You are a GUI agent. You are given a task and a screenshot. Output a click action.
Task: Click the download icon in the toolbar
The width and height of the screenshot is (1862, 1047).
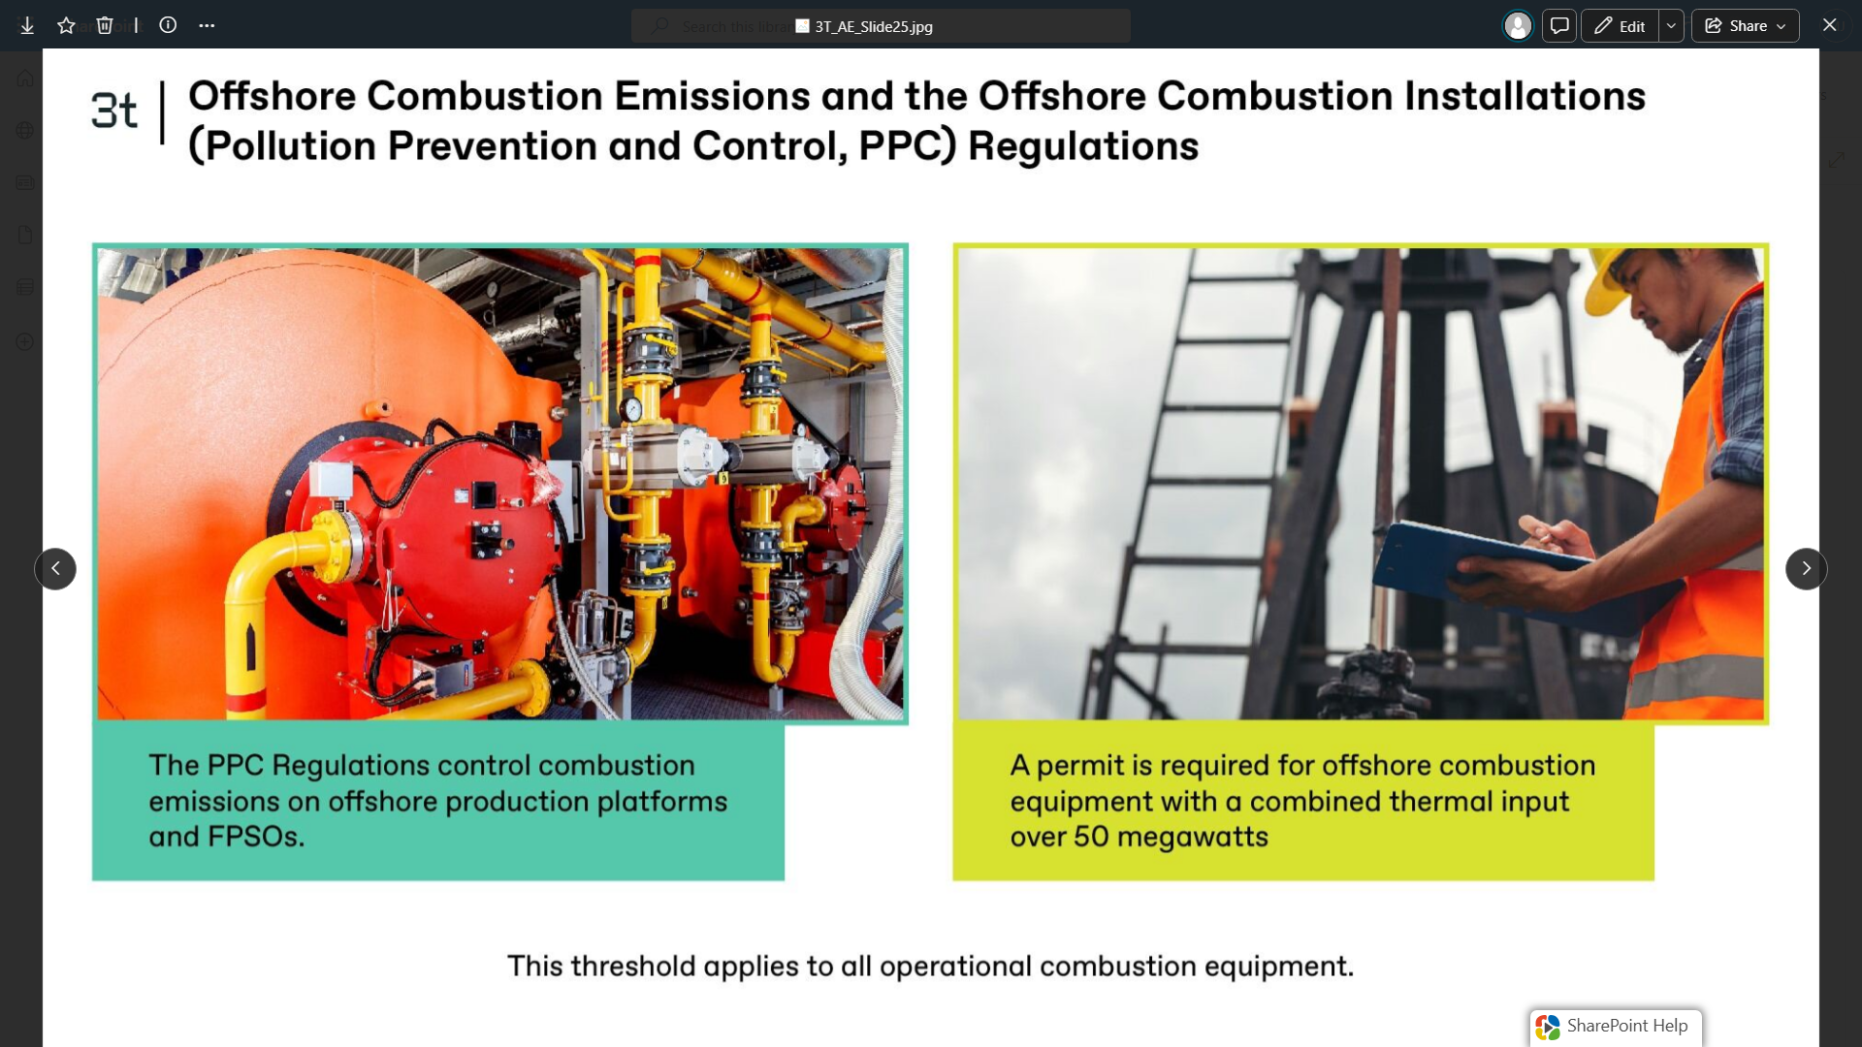point(27,26)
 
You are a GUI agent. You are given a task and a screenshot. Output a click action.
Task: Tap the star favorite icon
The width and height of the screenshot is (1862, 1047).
point(66,26)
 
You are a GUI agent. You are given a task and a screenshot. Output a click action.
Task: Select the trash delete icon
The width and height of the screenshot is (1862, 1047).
point(105,26)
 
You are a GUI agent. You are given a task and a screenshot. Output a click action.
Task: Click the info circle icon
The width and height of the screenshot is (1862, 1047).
point(168,25)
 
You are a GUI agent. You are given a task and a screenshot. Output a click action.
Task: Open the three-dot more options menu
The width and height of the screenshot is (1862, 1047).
point(207,26)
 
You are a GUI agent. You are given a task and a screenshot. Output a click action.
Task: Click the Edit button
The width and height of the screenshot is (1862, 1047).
point(1620,26)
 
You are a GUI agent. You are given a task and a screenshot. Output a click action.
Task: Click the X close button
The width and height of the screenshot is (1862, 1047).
point(1830,25)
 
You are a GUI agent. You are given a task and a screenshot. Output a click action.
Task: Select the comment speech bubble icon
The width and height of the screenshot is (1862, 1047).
point(1559,26)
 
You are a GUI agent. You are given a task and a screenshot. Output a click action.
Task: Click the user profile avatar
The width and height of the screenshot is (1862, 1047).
point(1518,26)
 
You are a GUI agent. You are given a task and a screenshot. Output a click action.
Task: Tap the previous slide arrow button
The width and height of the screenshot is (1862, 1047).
point(55,569)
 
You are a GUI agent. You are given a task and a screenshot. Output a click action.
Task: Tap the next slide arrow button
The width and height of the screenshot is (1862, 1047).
point(1806,569)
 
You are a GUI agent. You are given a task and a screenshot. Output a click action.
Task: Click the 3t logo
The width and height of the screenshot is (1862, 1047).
point(114,111)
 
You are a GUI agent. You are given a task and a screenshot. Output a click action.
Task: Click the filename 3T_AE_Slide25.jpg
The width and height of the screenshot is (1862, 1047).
point(874,26)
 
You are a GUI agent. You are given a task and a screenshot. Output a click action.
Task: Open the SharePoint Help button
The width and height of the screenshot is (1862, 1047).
point(1616,1027)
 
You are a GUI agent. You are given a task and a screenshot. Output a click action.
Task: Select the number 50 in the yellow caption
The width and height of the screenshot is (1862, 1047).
point(1091,837)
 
